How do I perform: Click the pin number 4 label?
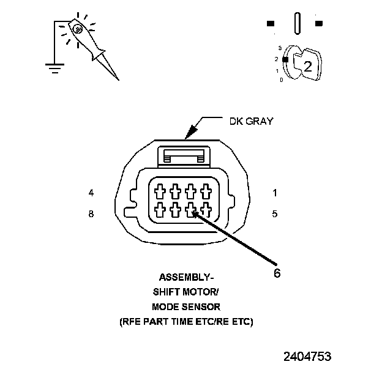tap(91, 193)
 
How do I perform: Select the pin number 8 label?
tap(91, 214)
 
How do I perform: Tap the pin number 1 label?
tap(275, 193)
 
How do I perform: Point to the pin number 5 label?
tap(275, 214)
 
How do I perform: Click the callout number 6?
tap(277, 273)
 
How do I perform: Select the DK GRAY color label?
tap(251, 121)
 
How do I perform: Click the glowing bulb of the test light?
tap(77, 28)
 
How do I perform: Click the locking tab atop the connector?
tap(183, 157)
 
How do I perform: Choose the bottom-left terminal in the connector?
tap(160, 211)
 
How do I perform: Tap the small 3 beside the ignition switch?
tap(279, 47)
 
